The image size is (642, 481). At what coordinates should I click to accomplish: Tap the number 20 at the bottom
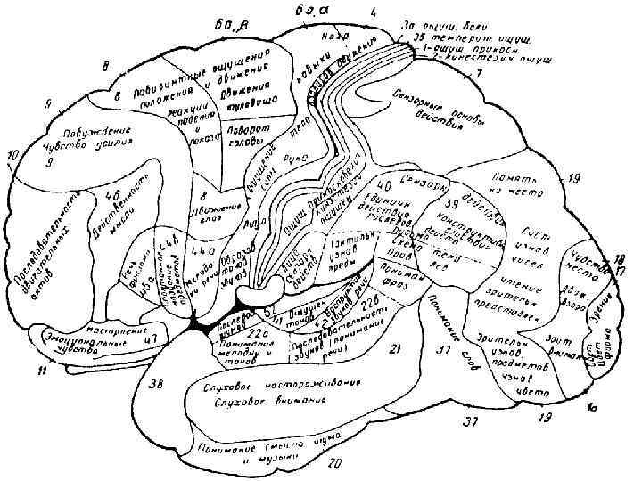coord(334,462)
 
